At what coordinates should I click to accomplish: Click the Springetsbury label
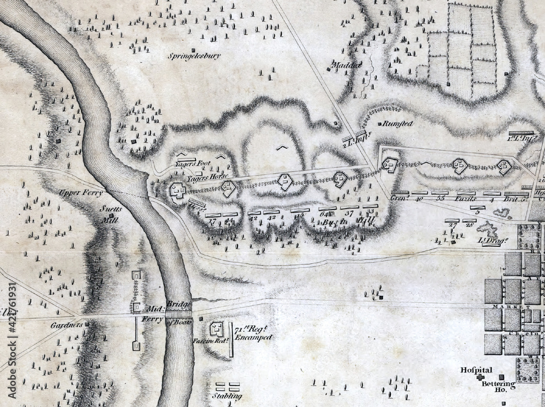(195, 56)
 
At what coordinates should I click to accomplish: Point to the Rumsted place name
(398, 124)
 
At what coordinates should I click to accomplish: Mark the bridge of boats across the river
(178, 314)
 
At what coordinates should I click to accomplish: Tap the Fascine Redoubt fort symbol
(217, 329)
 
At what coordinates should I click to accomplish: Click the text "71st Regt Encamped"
(252, 333)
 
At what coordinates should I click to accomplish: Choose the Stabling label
(227, 396)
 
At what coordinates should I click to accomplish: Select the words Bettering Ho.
(495, 386)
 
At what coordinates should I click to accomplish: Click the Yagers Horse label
(199, 178)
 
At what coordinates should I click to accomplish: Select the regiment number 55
(442, 199)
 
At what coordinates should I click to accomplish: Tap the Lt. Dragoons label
(491, 240)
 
